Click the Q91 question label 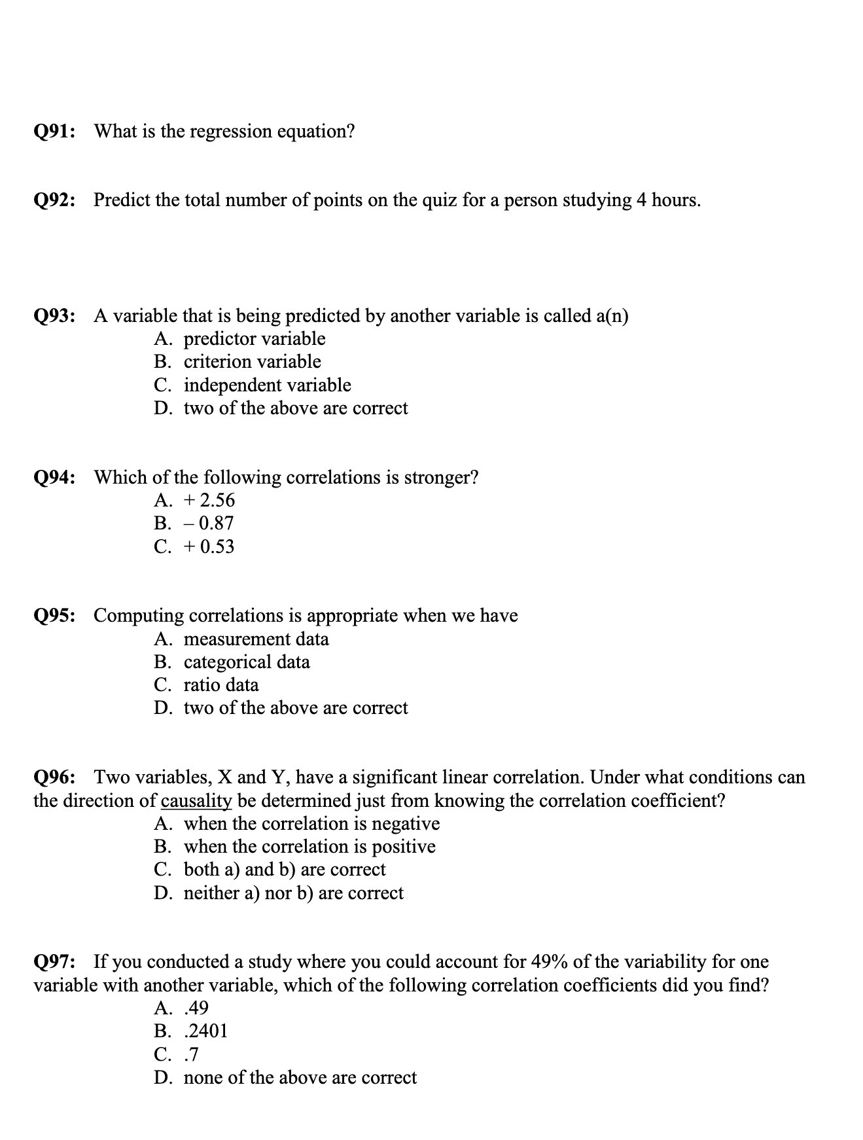pyautogui.click(x=54, y=132)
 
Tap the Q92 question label pyautogui.click(x=54, y=200)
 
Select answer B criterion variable pyautogui.click(x=252, y=362)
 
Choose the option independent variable pyautogui.click(x=267, y=385)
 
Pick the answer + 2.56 pyautogui.click(x=209, y=501)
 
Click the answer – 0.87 pyautogui.click(x=209, y=524)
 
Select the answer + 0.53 pyautogui.click(x=209, y=546)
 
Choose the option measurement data pyautogui.click(x=256, y=639)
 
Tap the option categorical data pyautogui.click(x=247, y=662)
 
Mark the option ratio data pyautogui.click(x=221, y=685)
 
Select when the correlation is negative pyautogui.click(x=311, y=824)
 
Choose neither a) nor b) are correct pyautogui.click(x=293, y=893)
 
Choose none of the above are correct pyautogui.click(x=300, y=1078)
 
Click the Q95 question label pyautogui.click(x=54, y=616)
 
